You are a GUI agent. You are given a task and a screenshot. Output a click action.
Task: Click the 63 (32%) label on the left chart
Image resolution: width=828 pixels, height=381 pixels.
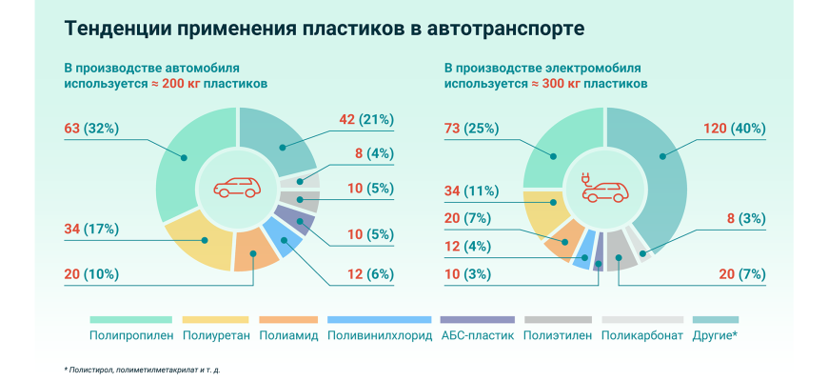tap(90, 128)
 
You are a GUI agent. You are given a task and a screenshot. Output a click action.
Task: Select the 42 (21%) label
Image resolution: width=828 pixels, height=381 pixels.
tap(366, 119)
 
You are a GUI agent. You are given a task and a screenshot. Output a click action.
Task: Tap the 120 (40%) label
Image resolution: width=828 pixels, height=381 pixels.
tap(734, 128)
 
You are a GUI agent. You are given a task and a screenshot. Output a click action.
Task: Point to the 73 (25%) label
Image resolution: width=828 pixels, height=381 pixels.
tap(472, 128)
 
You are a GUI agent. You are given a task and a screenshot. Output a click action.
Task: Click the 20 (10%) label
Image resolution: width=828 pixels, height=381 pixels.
tap(90, 274)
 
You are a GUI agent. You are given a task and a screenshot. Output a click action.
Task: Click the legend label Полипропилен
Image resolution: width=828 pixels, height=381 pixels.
tap(130, 335)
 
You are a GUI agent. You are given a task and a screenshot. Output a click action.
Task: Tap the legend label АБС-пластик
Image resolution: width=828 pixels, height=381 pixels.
tap(478, 335)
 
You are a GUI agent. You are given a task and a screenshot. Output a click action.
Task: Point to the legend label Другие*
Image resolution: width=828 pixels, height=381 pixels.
tap(716, 335)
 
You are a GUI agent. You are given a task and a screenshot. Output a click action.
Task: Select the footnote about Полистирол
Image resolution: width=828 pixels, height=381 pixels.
tap(152, 369)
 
